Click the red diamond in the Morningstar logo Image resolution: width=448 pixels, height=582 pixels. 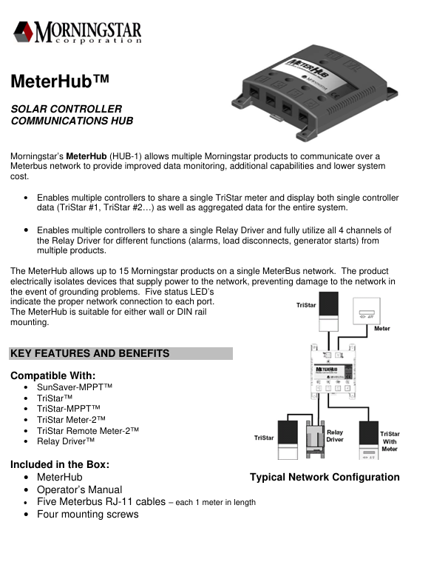23,33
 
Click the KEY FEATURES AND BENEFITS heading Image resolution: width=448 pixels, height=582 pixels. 90,354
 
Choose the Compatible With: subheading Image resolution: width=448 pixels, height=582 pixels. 53,375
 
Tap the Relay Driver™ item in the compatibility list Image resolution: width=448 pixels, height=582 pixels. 66,441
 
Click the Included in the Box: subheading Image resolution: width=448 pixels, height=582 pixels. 60,465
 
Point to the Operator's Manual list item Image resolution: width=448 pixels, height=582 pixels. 79,489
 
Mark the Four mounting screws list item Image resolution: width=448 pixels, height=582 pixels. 87,514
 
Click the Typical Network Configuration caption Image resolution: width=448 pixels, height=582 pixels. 325,478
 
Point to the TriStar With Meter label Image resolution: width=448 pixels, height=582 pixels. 390,441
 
